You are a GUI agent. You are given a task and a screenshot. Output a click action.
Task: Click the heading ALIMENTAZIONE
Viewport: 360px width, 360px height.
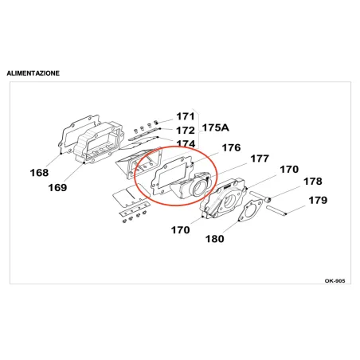point(33,73)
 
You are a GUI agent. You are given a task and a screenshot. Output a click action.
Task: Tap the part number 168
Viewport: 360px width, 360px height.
point(39,173)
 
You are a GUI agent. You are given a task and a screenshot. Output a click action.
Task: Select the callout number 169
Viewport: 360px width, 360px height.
point(57,188)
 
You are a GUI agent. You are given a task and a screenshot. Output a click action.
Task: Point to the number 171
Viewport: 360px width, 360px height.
point(186,116)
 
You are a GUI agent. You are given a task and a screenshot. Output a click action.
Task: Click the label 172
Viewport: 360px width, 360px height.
point(186,131)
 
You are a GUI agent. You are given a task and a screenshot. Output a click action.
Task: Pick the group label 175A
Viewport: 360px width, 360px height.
point(215,127)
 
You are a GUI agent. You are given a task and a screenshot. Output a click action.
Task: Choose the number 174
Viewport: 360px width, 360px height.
point(186,143)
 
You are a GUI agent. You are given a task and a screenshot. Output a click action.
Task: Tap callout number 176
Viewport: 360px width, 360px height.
point(231,147)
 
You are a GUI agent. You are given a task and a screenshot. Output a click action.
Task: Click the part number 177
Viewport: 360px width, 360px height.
point(260,158)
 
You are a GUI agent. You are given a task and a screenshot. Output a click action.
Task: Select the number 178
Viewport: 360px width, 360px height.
point(313,182)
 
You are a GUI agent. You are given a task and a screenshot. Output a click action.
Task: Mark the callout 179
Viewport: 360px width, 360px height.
point(318,200)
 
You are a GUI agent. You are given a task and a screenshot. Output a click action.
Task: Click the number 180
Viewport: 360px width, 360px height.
point(215,239)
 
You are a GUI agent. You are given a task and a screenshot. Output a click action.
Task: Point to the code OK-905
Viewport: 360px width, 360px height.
point(335,281)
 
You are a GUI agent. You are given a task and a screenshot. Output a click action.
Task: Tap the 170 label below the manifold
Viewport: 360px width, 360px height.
point(180,230)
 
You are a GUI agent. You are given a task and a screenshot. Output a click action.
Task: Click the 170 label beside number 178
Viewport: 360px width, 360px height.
point(289,170)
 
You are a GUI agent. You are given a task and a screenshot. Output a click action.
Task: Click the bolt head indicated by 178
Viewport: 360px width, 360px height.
point(268,199)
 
